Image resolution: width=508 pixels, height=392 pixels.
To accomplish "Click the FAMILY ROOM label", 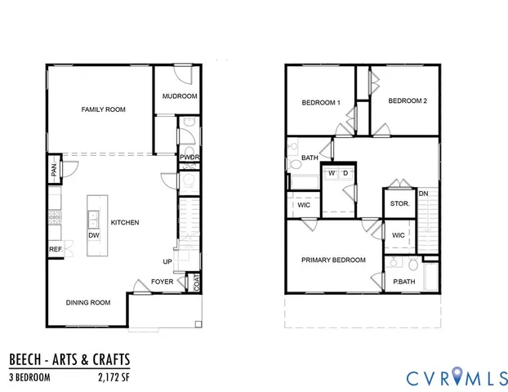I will [103, 109].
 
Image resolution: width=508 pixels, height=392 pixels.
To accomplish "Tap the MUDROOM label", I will [180, 96].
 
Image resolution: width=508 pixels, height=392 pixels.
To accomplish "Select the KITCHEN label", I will [125, 222].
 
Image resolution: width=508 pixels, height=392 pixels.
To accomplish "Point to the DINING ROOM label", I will [88, 302].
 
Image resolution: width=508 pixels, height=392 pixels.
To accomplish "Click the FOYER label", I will [162, 283].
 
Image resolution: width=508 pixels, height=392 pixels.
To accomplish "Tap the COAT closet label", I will [196, 282].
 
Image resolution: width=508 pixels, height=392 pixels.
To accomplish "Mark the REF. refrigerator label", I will [56, 249].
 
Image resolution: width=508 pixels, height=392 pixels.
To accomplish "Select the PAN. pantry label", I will [54, 171].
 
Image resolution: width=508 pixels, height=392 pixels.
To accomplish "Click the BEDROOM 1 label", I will [321, 102].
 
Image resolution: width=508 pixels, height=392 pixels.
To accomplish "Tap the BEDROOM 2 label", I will [408, 101].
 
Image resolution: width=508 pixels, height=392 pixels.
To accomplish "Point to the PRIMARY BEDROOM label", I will [333, 260].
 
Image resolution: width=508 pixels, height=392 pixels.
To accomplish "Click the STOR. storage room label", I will [399, 203].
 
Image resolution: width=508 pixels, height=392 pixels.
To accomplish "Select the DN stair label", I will [423, 194].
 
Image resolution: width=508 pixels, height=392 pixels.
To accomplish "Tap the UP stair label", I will [167, 262].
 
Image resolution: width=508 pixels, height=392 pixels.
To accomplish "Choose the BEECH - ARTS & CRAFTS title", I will [69, 359].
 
